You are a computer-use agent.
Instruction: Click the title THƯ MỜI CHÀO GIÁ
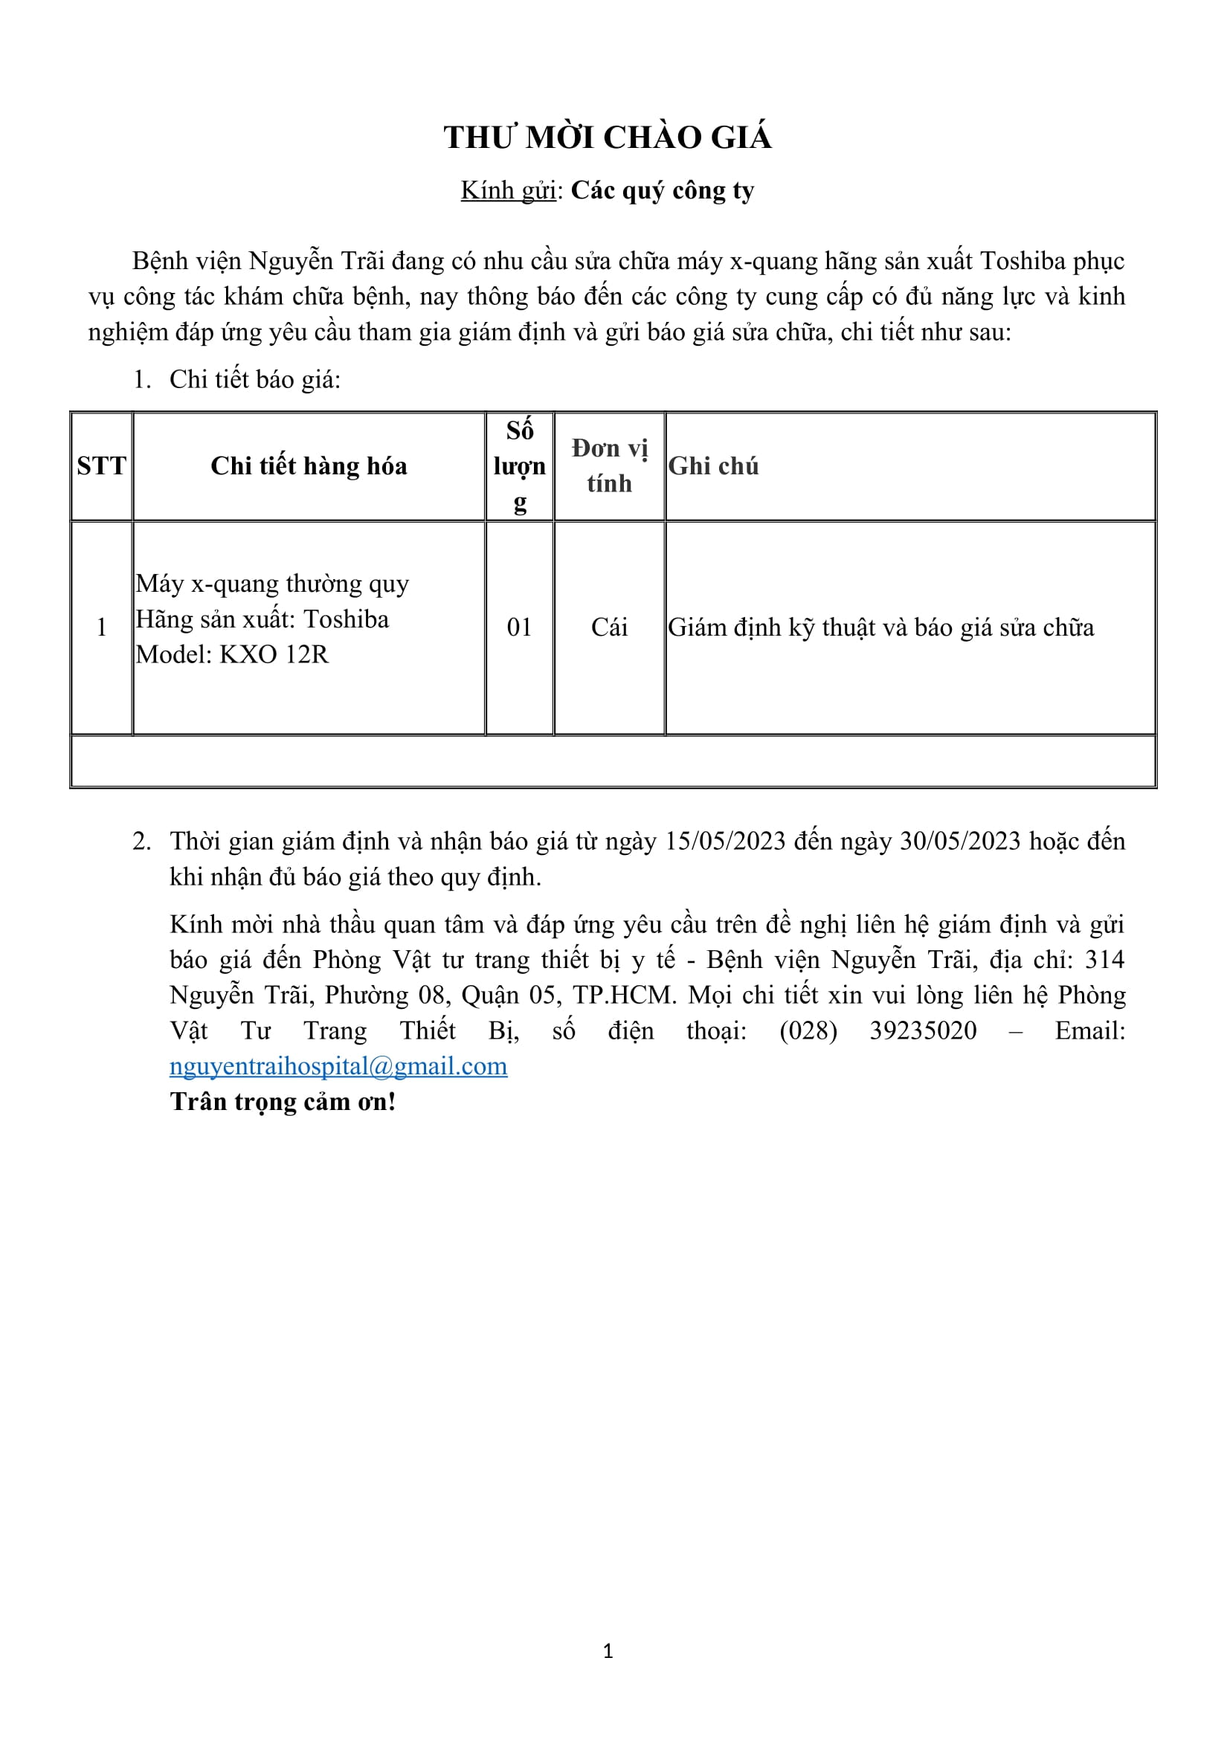(x=608, y=138)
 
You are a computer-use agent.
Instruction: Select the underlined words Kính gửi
(x=508, y=191)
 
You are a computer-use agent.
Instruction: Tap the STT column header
(x=101, y=466)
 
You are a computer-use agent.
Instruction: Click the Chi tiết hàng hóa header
(x=309, y=466)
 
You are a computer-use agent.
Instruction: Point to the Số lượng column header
(x=520, y=466)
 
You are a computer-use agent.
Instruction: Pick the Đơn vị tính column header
(x=609, y=466)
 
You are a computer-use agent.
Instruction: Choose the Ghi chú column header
(x=712, y=466)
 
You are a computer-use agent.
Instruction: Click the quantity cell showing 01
(x=520, y=627)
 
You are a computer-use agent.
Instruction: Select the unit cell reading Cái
(x=609, y=627)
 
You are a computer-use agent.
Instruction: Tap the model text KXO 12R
(x=274, y=654)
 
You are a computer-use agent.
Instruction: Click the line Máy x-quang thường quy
(x=272, y=584)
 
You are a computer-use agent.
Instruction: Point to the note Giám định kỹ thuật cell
(x=880, y=627)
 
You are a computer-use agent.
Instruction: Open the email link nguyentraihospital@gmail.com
(x=338, y=1066)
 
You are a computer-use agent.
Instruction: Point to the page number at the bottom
(x=608, y=1651)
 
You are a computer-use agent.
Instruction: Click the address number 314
(x=1104, y=960)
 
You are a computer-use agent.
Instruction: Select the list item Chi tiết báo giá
(x=254, y=379)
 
